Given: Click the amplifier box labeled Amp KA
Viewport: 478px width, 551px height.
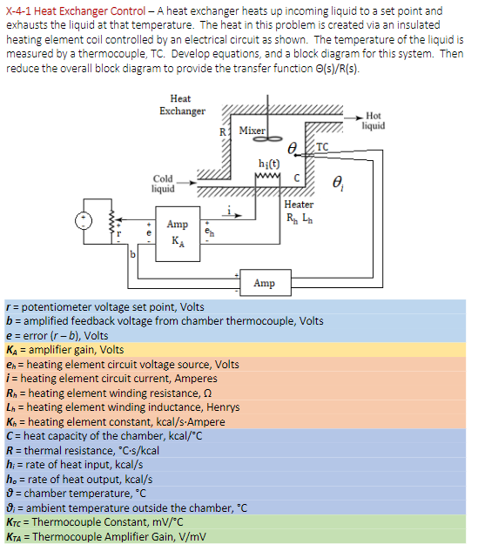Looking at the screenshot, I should point(177,230).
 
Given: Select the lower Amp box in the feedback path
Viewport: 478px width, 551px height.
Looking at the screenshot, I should point(265,283).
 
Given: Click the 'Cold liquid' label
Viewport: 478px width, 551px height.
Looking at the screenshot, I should point(163,184).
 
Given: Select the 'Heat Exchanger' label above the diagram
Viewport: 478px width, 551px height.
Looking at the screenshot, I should point(182,104).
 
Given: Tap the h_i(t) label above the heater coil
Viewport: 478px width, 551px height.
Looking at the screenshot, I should point(269,164).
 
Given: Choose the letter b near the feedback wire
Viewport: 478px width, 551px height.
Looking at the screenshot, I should point(132,254).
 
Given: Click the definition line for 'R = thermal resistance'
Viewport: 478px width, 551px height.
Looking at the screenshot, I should point(83,450).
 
